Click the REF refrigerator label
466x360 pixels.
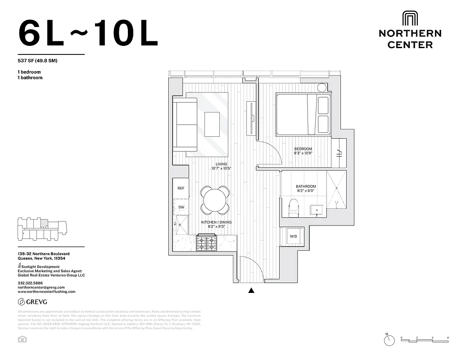tap(181, 188)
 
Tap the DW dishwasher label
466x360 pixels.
tap(181, 207)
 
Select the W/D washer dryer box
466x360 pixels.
tap(293, 236)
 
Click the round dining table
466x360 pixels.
tap(215, 200)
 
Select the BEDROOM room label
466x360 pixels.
tap(303, 149)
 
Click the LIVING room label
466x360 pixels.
tap(221, 164)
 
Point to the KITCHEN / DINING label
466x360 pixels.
tap(213, 222)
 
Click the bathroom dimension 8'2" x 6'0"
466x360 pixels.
tap(306, 191)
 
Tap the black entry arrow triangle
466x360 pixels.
tap(251, 291)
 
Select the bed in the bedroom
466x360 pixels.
tap(303, 114)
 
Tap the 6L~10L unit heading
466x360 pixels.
tap(88, 33)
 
